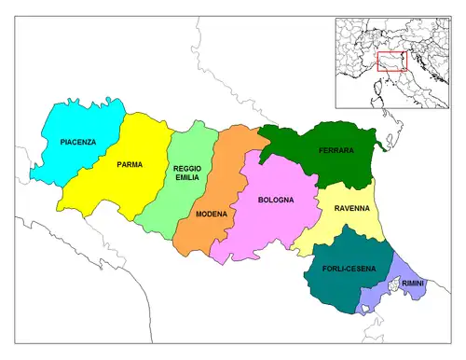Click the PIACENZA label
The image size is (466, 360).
pos(77,142)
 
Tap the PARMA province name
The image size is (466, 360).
pos(130,164)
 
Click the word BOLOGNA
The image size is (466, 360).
pos(276,200)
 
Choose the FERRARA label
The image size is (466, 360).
pos(335,150)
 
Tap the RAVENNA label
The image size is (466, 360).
pos(351,209)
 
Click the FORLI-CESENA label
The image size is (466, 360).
pos(349,269)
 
